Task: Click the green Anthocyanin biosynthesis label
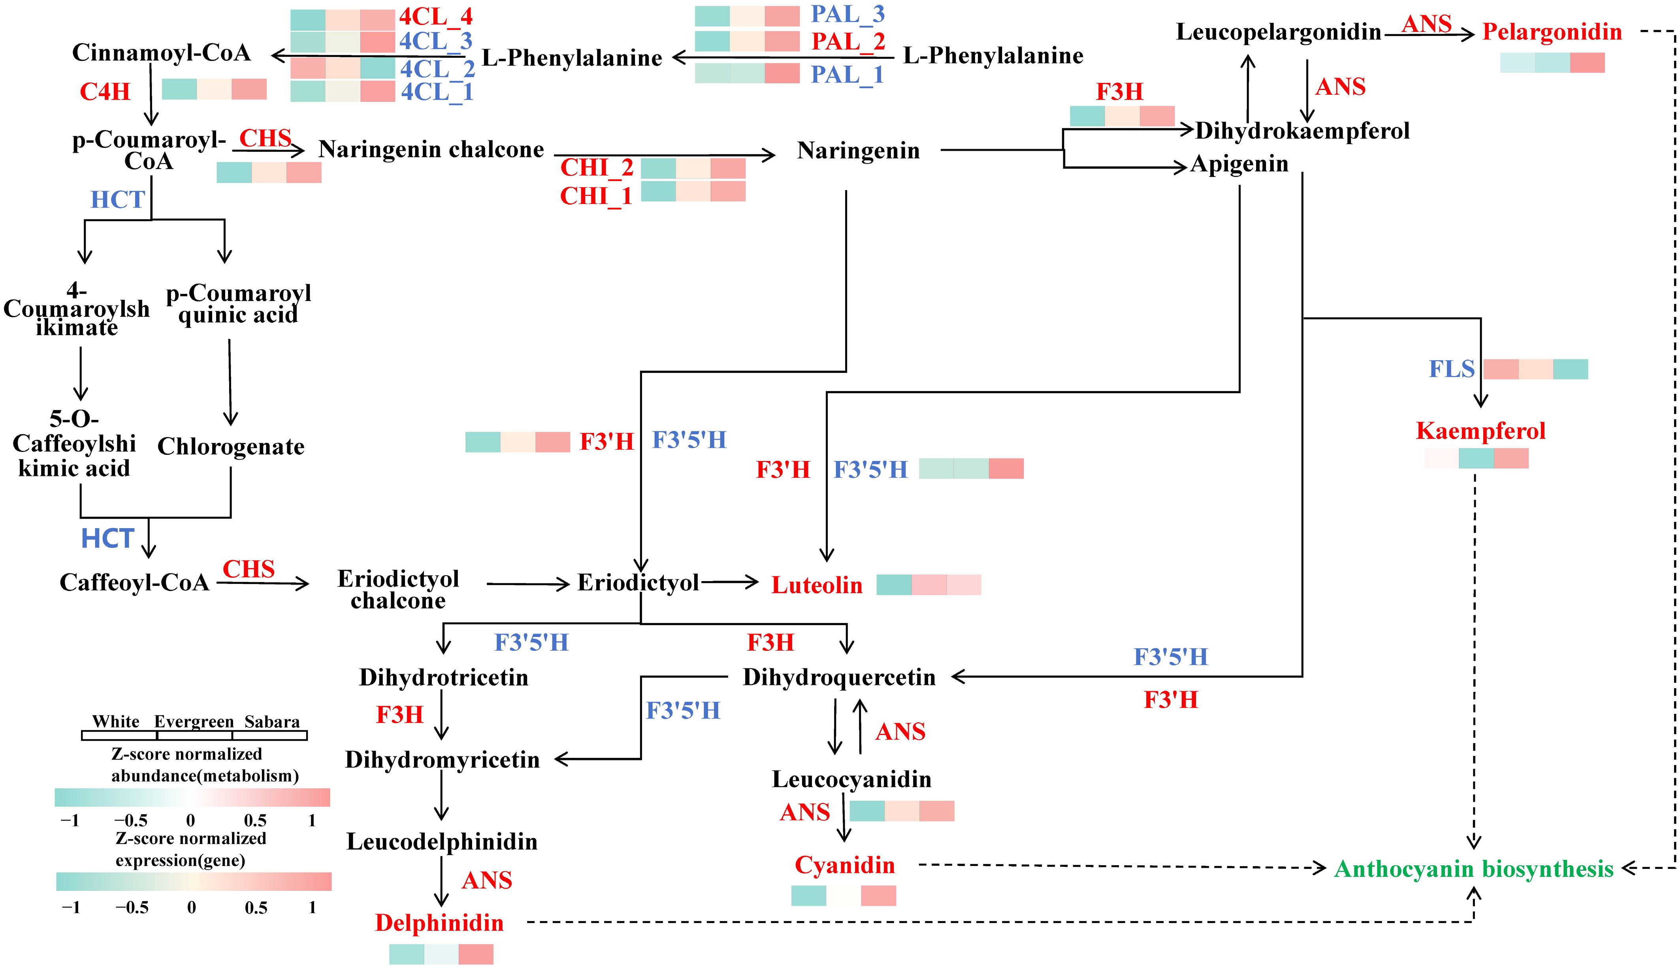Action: pos(1473,869)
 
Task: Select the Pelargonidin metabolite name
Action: pos(1552,32)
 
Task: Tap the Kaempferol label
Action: pos(1480,431)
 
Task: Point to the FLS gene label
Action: pos(1452,369)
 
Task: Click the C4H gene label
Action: pos(105,92)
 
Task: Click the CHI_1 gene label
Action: pos(596,196)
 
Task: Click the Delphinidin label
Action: pos(439,923)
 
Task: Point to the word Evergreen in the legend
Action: pos(194,722)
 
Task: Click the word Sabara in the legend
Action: pos(272,722)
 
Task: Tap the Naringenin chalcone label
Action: pos(431,150)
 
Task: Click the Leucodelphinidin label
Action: pos(442,842)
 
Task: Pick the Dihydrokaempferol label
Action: pos(1302,131)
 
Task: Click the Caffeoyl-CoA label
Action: pos(134,582)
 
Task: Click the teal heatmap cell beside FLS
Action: pos(1570,369)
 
